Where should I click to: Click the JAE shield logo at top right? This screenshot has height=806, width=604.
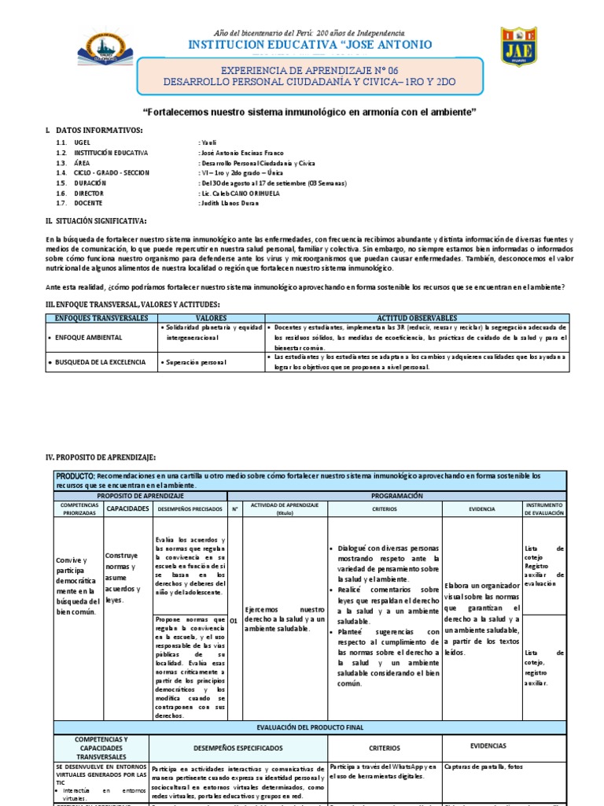point(518,48)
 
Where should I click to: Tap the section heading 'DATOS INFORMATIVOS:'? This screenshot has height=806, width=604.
point(98,129)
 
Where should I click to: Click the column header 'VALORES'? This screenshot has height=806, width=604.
point(210,317)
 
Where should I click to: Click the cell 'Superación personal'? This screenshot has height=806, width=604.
point(195,362)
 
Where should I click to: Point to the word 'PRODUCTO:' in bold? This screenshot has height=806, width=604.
point(75,476)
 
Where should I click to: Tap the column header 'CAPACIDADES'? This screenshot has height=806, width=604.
point(128,509)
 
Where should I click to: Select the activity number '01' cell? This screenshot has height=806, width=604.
point(234,620)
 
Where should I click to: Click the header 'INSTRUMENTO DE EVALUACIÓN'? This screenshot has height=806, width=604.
point(544,509)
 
